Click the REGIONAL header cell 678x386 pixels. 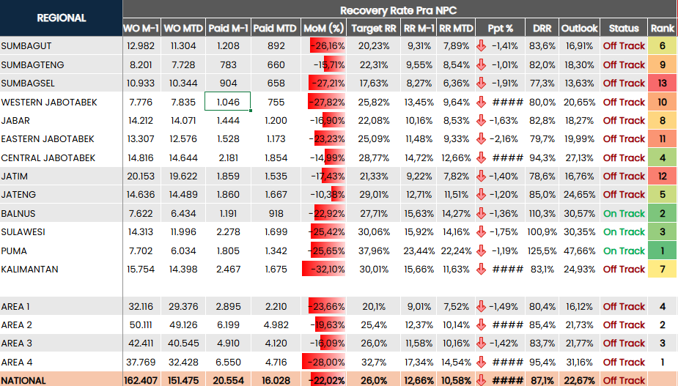tap(61, 18)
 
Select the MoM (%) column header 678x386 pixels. tap(323, 29)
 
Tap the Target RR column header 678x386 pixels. tap(374, 29)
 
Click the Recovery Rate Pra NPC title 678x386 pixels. tap(399, 10)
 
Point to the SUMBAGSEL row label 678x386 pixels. tap(28, 83)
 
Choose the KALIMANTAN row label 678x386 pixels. tap(30, 269)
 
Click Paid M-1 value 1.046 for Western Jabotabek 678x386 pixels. tap(228, 102)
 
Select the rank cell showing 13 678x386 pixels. tap(663, 83)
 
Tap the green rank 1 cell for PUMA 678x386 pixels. tap(663, 250)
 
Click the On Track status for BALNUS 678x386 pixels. tap(624, 213)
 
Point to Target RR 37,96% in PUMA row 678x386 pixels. tap(374, 250)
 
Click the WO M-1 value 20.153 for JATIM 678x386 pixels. tap(141, 176)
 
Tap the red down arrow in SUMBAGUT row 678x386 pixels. tap(482, 45)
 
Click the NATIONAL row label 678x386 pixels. tap(24, 380)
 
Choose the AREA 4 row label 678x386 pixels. tap(17, 362)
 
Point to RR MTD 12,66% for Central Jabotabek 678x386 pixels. tap(457, 157)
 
